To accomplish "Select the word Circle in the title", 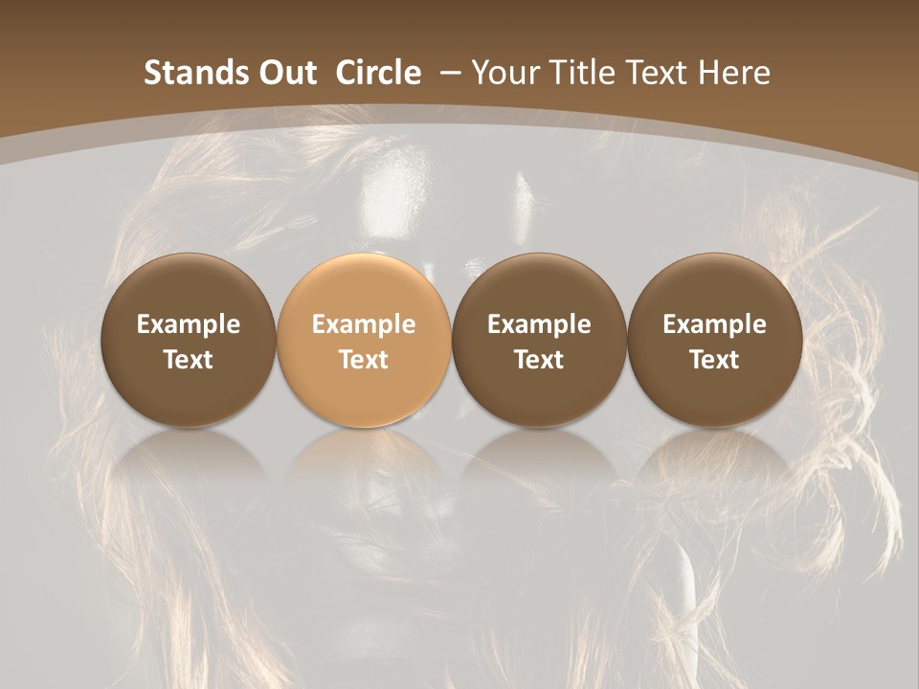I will click(378, 73).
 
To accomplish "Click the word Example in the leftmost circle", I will click(188, 324).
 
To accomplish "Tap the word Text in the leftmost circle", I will click(188, 360).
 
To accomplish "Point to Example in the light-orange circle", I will click(364, 324).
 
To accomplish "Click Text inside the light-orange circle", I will click(364, 360).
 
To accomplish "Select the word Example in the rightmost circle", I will click(714, 324).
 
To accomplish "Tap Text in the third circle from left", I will click(539, 360).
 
